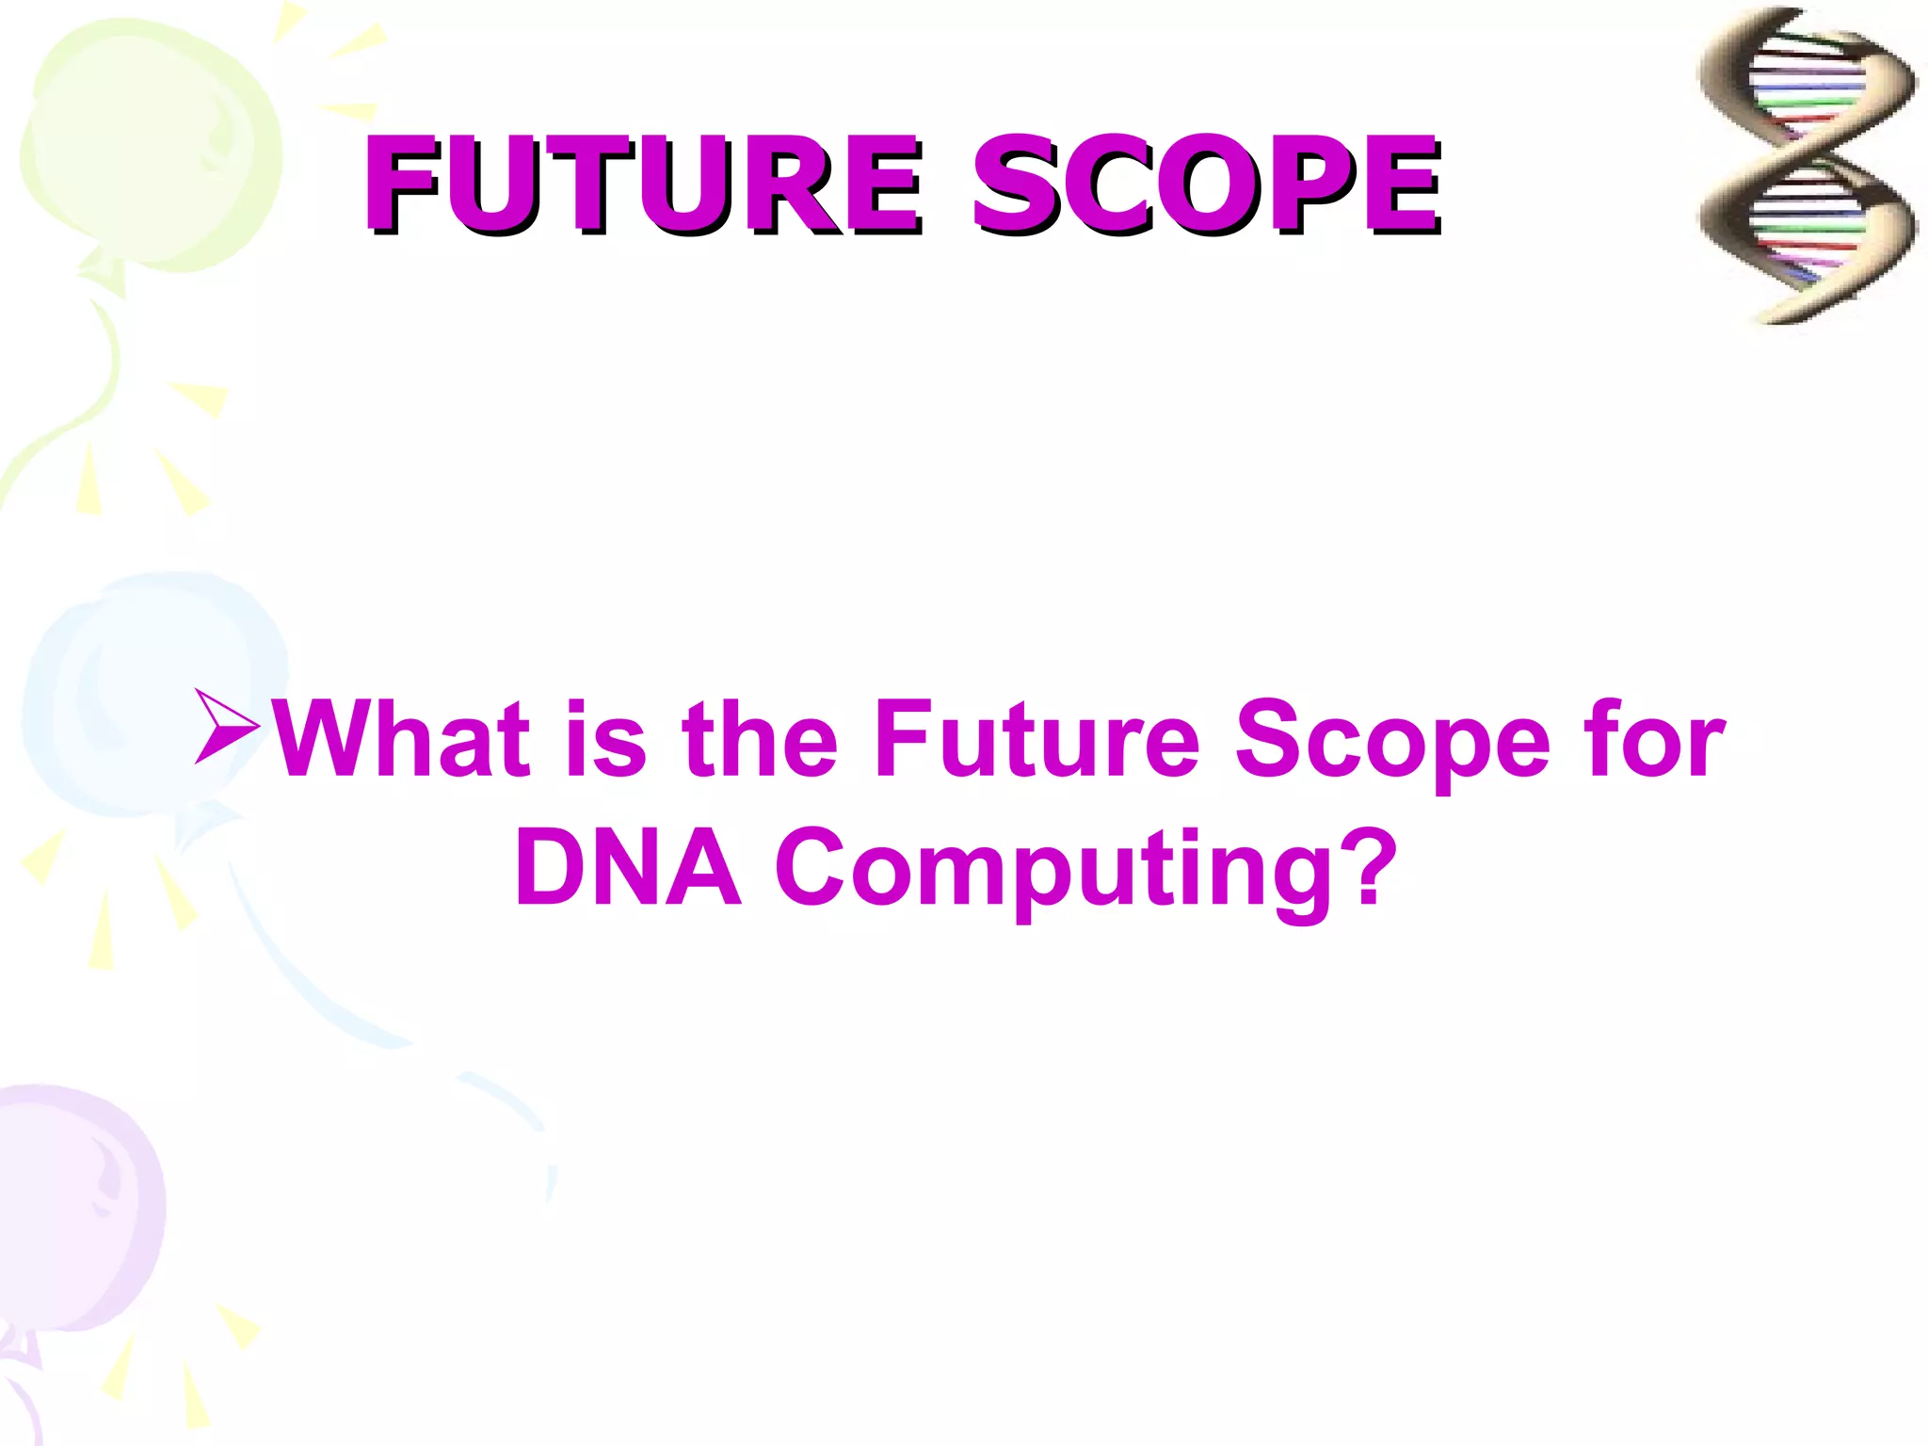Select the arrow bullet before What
(x=227, y=726)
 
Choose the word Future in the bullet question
(x=1036, y=740)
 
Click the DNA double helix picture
(x=1806, y=166)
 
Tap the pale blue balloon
(x=151, y=697)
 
